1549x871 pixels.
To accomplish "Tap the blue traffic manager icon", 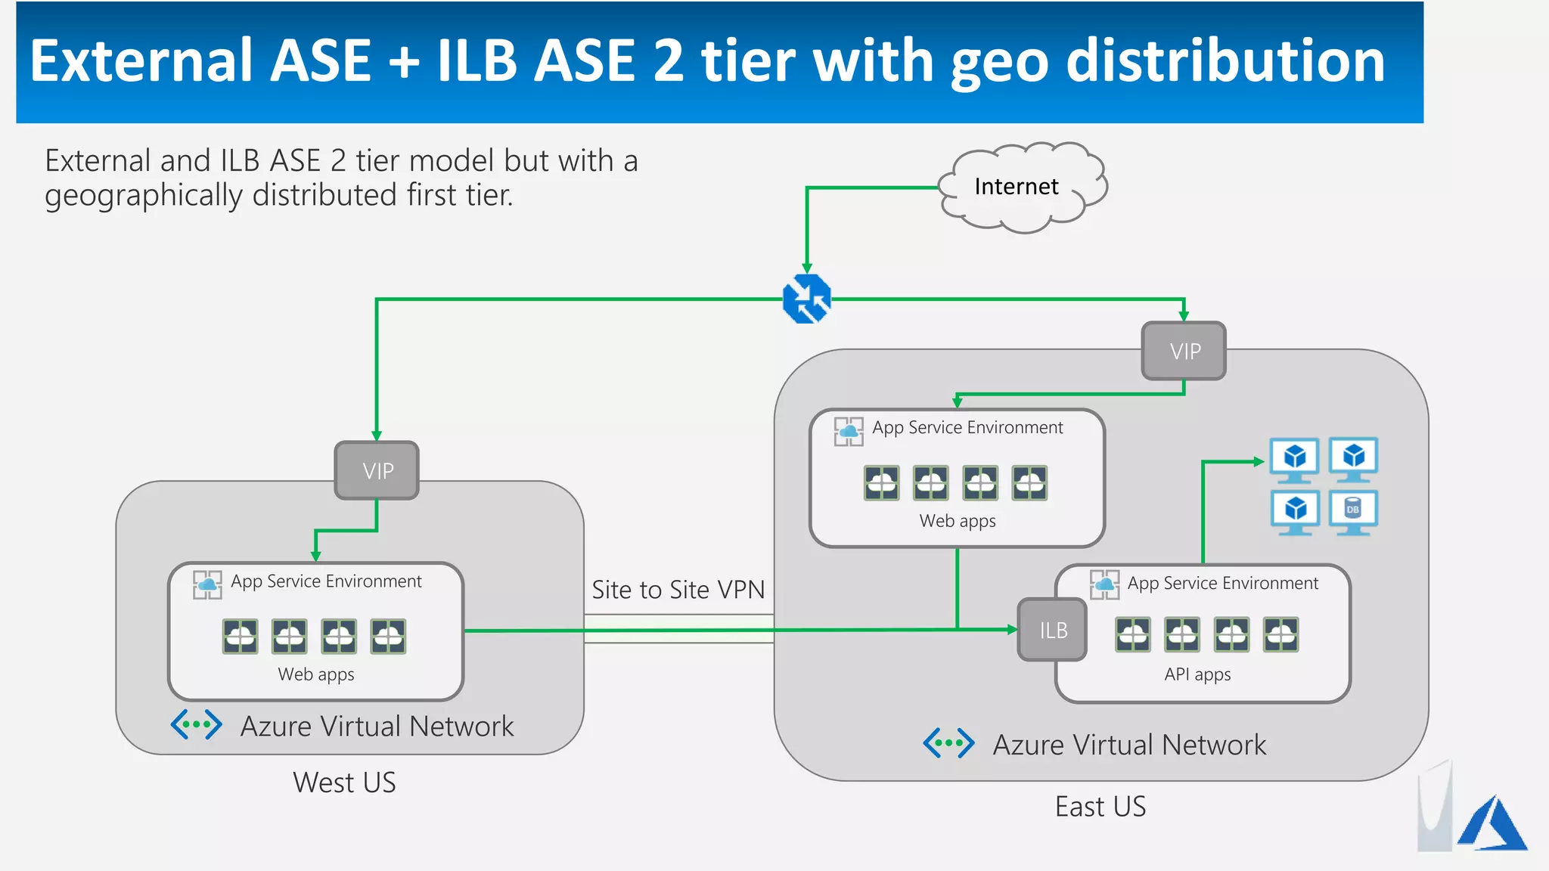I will pyautogui.click(x=807, y=299).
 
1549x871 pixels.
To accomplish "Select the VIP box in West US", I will pyautogui.click(x=377, y=471).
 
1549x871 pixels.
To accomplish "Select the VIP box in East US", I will pyautogui.click(x=1184, y=351).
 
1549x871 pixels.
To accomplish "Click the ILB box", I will pyautogui.click(x=1052, y=630).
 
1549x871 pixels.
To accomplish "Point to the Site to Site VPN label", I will pyautogui.click(x=678, y=590).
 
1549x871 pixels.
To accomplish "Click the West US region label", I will pyautogui.click(x=344, y=783).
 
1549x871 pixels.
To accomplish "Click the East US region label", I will pyautogui.click(x=1100, y=807).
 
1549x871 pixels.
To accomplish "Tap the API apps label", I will pyautogui.click(x=1197, y=674).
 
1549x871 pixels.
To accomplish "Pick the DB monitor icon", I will pyautogui.click(x=1353, y=512).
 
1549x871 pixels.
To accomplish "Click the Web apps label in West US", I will pyautogui.click(x=315, y=674).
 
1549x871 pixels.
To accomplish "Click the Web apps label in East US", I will pyautogui.click(x=957, y=521).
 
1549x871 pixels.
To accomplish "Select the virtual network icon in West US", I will pyautogui.click(x=197, y=724).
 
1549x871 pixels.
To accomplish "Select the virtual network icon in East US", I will pyautogui.click(x=948, y=743).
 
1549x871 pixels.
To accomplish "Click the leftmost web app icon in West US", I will pyautogui.click(x=241, y=636).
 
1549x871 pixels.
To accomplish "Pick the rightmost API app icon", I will pyautogui.click(x=1280, y=634).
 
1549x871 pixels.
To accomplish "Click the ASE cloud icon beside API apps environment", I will pyautogui.click(x=1104, y=584).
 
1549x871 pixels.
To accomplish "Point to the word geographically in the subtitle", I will pyautogui.click(x=144, y=196).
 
